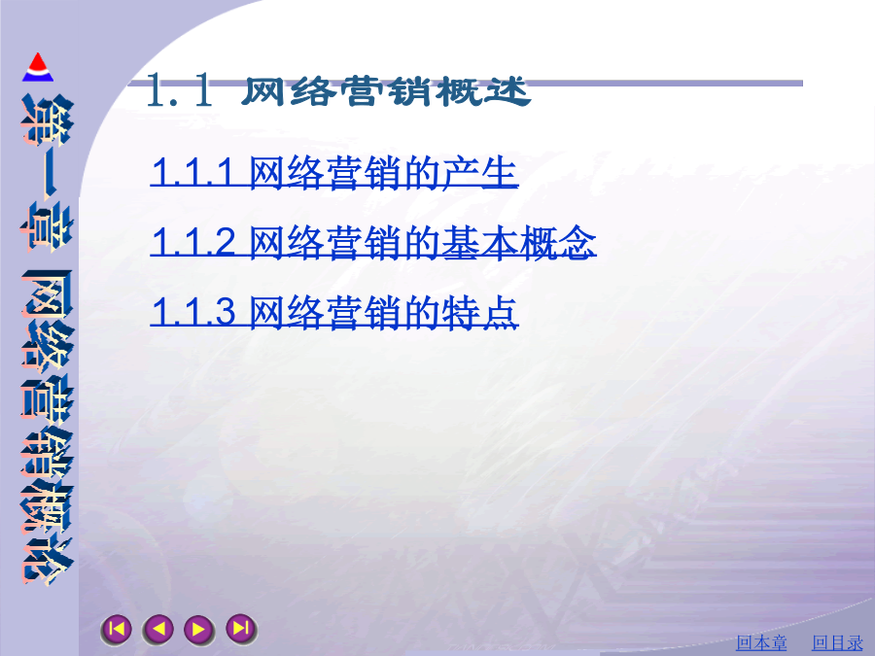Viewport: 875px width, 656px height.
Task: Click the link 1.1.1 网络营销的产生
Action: [334, 172]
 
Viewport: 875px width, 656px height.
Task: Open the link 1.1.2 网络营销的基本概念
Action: [373, 242]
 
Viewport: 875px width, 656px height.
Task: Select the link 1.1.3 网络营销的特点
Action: [334, 311]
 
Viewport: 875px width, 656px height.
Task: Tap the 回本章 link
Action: [761, 642]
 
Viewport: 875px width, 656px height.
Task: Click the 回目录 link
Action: [838, 642]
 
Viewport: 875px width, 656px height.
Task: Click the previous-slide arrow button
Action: [157, 629]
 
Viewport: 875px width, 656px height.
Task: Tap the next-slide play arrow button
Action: [199, 629]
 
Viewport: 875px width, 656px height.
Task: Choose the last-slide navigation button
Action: [241, 629]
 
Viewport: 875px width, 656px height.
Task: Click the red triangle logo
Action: [37, 67]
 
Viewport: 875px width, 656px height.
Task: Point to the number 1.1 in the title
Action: [179, 89]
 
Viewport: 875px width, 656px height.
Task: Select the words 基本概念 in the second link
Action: [518, 242]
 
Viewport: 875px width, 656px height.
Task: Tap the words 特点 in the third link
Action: [480, 311]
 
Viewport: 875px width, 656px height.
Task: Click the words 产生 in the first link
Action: [480, 172]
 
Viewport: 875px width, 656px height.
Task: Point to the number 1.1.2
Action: [193, 243]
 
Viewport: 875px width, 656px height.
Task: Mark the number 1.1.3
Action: [193, 312]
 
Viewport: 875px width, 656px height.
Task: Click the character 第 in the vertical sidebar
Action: [47, 120]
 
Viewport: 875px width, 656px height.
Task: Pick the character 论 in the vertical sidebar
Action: [47, 561]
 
